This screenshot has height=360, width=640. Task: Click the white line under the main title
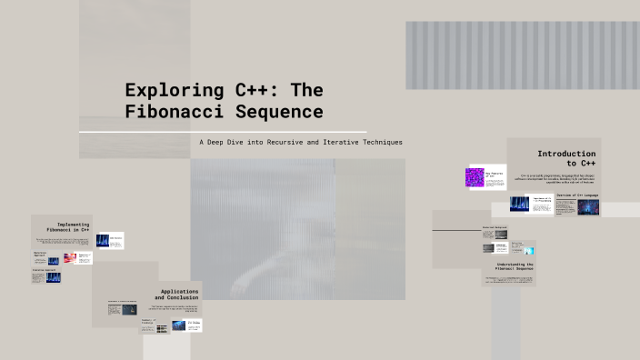point(223,132)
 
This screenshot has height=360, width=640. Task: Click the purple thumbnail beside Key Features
point(474,177)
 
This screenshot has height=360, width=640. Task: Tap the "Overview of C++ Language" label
point(576,195)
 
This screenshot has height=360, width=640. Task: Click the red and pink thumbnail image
point(70,258)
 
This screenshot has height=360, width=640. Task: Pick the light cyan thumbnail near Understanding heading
point(530,251)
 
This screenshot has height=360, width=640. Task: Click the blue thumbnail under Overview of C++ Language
point(588,206)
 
